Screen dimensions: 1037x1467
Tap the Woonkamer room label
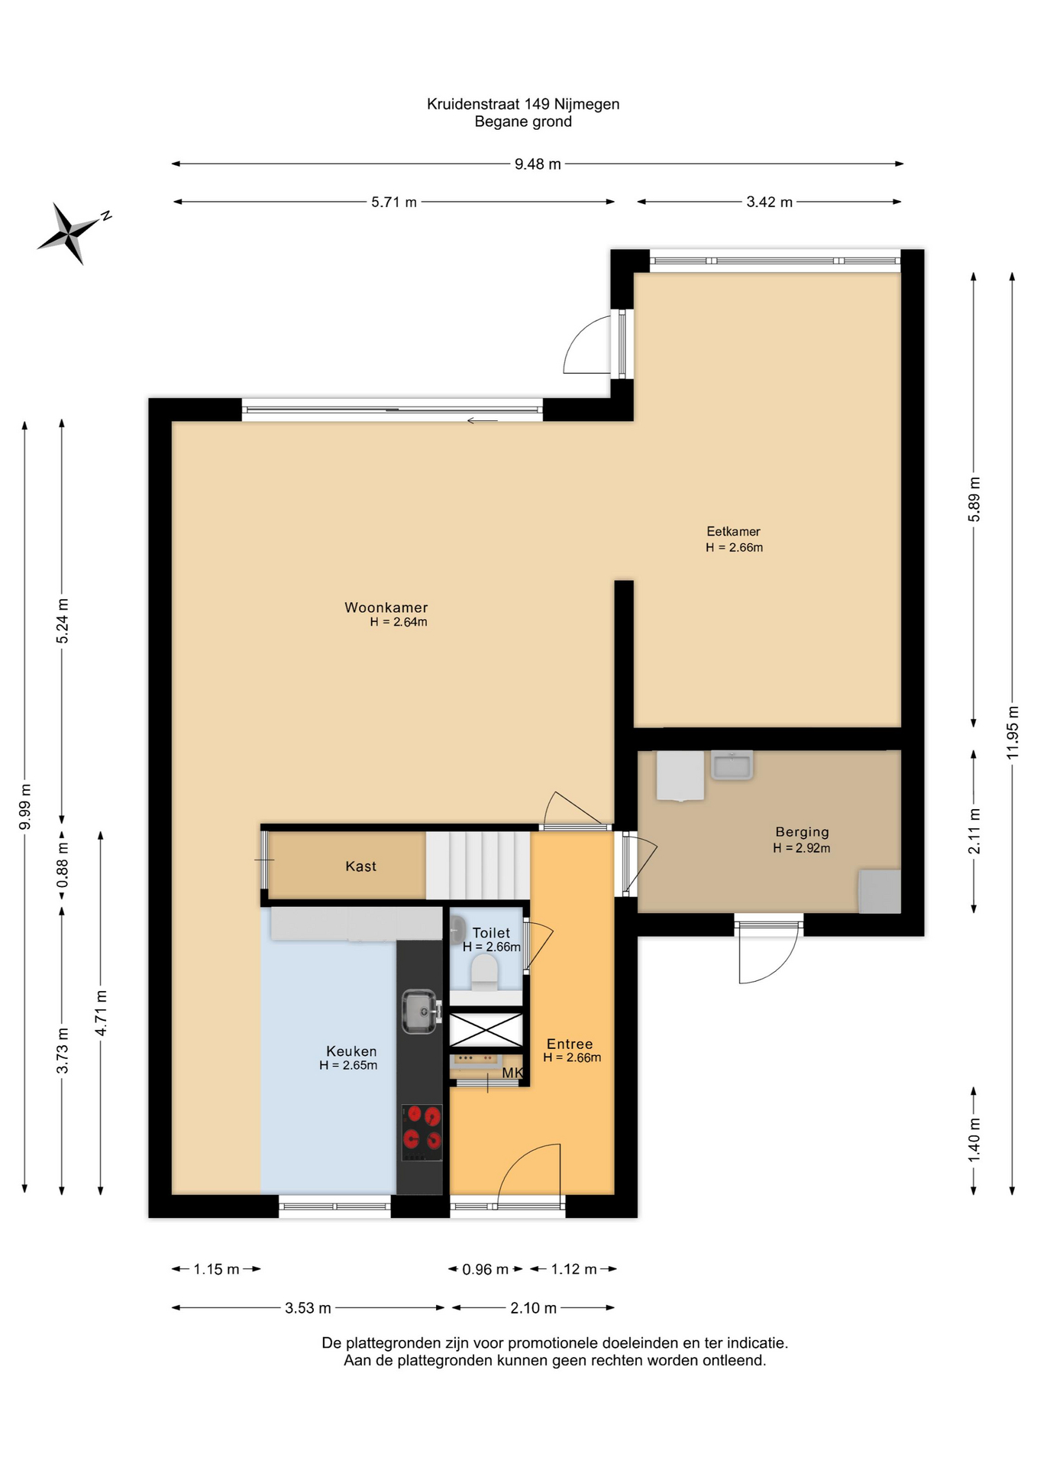point(386,607)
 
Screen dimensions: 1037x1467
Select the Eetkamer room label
point(733,531)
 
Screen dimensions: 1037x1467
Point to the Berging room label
point(802,832)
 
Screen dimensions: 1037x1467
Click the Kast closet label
point(360,866)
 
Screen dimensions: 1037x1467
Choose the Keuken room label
point(351,1051)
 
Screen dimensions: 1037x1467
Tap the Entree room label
point(570,1044)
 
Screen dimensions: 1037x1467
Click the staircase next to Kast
point(478,865)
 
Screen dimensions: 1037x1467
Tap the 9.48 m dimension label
point(538,164)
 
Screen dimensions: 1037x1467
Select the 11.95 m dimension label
point(1013,731)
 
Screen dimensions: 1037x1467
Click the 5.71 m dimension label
point(394,202)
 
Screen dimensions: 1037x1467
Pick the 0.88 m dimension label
point(63,864)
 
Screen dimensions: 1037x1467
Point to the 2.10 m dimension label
point(533,1308)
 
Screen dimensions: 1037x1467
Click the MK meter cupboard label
point(512,1074)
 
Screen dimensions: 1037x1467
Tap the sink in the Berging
point(732,765)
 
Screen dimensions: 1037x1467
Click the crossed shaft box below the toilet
point(486,1030)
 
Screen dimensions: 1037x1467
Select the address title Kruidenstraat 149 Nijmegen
point(523,104)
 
